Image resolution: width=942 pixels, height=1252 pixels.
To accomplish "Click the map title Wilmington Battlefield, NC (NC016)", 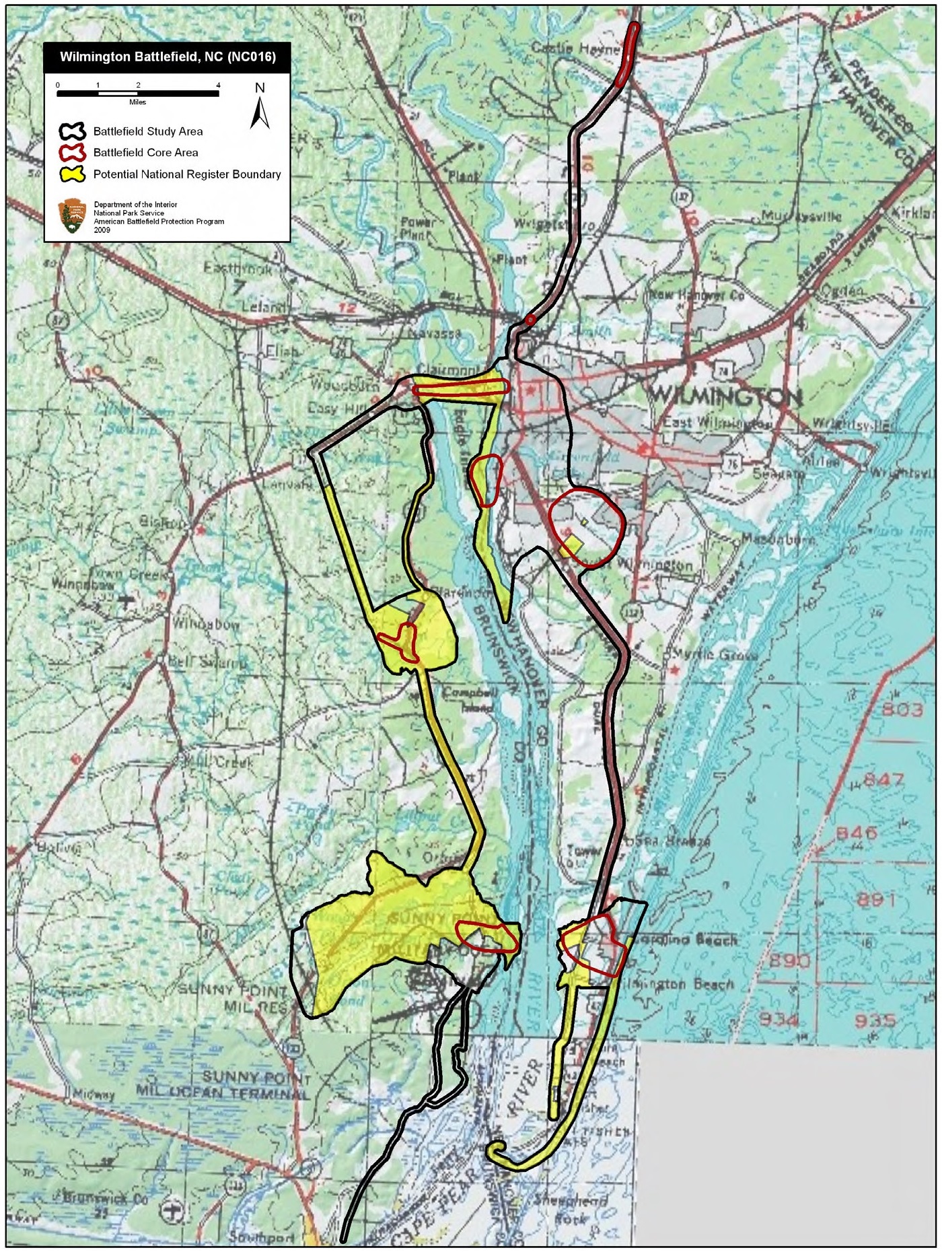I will point(168,57).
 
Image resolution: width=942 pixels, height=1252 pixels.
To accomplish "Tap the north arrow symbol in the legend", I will point(260,108).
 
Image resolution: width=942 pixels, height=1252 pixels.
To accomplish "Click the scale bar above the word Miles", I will point(137,94).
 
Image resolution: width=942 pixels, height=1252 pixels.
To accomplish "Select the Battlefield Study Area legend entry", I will point(147,131).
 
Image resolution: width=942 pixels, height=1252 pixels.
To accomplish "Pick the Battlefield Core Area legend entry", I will point(145,153).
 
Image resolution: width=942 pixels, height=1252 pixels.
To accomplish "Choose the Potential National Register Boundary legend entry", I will point(186,174).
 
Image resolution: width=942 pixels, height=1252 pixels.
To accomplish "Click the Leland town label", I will point(263,307).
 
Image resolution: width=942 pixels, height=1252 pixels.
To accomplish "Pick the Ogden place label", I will point(842,290).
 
